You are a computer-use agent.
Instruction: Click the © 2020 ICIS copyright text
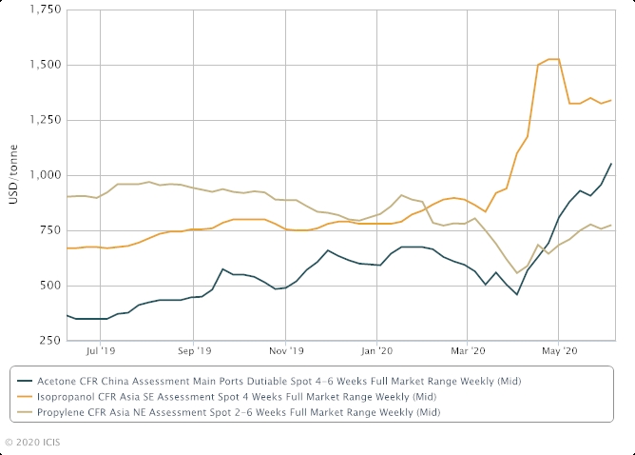point(36,443)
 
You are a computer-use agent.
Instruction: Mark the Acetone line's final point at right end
point(611,164)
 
